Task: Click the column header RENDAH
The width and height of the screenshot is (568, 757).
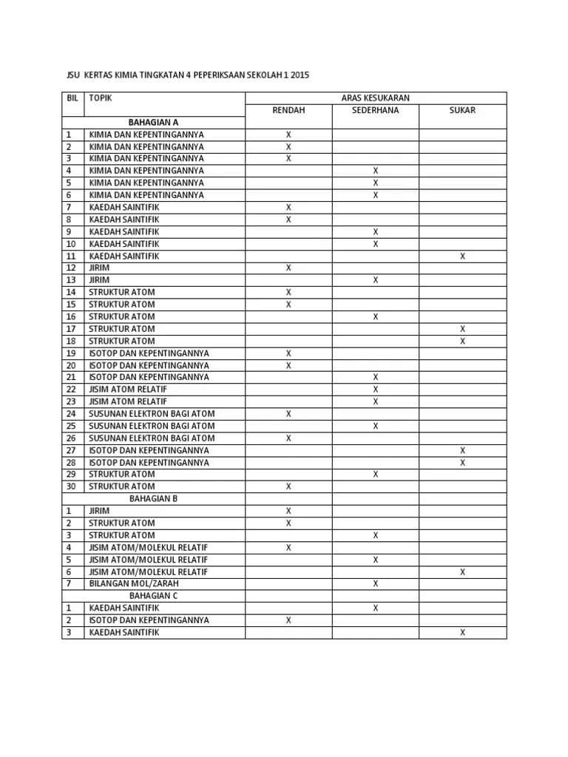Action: coord(288,110)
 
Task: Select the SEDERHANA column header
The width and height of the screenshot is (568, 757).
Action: coord(375,110)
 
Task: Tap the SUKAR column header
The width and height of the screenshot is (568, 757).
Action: coord(462,110)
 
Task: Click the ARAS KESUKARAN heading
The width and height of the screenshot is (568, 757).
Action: coord(375,98)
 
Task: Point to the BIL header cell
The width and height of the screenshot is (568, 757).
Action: coord(72,98)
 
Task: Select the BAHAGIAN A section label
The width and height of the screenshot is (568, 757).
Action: coord(153,122)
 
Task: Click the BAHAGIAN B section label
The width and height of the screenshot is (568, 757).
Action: coord(153,498)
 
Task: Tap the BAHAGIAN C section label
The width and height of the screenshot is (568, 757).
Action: coord(153,595)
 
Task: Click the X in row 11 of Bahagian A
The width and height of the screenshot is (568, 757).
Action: coord(462,256)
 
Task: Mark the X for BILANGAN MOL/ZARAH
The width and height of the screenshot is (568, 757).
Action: coord(376,583)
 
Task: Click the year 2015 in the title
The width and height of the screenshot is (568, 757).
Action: coord(300,75)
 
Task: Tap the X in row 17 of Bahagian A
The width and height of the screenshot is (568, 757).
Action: coord(462,328)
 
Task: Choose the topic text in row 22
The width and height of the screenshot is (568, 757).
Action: coord(128,389)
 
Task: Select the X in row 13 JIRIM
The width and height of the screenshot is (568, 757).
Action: coord(376,279)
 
